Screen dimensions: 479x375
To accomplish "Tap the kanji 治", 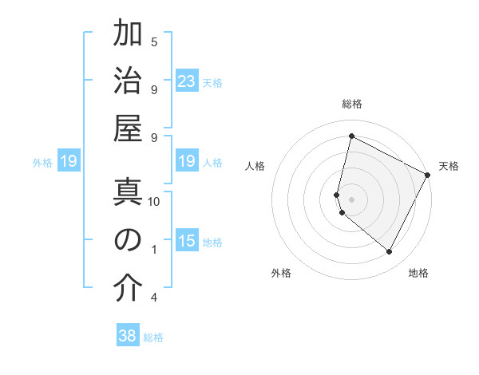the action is (128, 82).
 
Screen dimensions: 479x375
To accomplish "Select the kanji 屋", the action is (128, 131).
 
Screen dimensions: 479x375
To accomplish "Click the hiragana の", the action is (128, 241).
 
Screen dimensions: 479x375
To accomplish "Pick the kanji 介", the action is (128, 290).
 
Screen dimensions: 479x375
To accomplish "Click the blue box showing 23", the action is (187, 81).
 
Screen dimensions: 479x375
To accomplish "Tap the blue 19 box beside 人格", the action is (187, 162).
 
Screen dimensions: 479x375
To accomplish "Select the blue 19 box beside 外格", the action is (68, 162).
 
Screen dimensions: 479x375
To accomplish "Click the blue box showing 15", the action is (187, 241).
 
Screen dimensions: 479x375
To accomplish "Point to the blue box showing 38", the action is (128, 336).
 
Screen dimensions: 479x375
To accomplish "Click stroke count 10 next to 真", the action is (154, 201).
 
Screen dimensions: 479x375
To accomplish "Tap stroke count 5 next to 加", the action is (154, 41).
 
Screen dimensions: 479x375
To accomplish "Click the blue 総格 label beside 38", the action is (153, 337).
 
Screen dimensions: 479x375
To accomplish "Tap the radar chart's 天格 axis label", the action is (449, 166).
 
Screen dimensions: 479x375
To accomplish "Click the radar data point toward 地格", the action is (389, 252).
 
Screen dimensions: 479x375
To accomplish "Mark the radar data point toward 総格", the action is (351, 136).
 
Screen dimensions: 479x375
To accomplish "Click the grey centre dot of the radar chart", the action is (351, 199).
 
